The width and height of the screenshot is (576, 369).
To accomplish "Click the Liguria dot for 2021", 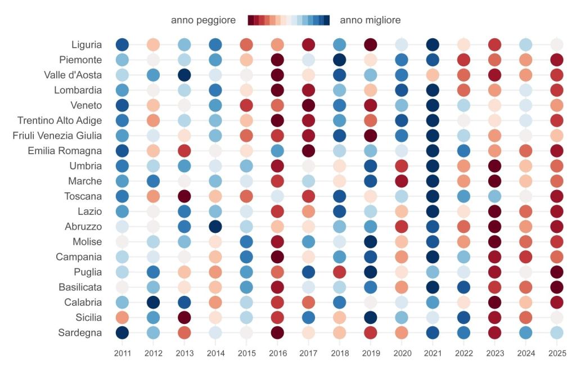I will coord(432,44).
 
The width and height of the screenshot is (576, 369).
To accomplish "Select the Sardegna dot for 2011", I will coord(122,332).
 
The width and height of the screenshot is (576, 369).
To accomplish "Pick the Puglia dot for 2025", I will coord(556,272).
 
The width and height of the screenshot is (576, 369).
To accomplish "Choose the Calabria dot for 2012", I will coord(153,302).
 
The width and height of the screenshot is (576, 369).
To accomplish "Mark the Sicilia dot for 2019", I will coord(370,317).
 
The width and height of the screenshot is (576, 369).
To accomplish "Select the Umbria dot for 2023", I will coord(494,166).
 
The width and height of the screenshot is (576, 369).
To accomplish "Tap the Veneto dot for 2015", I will coord(246,105).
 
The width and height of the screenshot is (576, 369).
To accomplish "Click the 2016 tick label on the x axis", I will coord(277,353).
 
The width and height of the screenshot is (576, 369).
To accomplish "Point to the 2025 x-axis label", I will coord(556,353).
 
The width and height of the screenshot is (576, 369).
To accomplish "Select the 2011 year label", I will coord(122,353).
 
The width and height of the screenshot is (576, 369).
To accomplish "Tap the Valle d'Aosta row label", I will coord(73,75).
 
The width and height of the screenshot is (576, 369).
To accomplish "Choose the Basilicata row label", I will coord(78,287).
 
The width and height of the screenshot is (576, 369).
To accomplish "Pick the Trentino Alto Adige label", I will coord(60,120).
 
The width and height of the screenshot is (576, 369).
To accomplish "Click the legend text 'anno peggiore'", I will coord(203,20).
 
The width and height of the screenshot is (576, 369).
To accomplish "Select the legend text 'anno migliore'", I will coord(370,20).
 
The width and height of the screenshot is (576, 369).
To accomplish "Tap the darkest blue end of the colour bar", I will coord(327,20).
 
